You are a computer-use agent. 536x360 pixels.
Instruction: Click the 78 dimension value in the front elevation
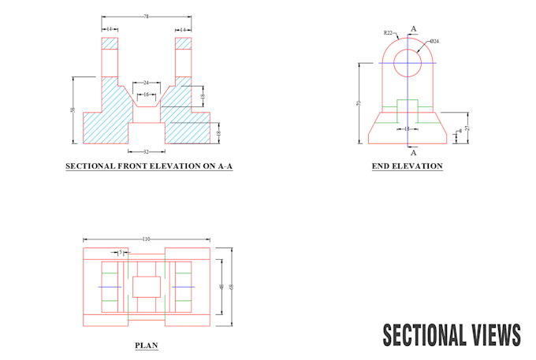(147, 16)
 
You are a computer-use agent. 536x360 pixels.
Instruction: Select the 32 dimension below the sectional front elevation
(147, 151)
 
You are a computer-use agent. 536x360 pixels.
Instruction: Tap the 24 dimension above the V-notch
(147, 82)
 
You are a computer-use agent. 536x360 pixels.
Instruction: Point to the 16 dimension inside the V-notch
(147, 94)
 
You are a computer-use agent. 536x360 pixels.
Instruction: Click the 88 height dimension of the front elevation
(73, 110)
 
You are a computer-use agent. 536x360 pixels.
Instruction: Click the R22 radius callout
(388, 33)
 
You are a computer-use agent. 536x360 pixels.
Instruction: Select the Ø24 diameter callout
(434, 40)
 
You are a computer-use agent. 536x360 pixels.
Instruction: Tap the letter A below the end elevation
(414, 152)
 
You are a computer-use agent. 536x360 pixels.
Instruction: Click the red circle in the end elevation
(409, 62)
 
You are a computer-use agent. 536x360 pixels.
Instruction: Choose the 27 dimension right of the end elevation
(467, 128)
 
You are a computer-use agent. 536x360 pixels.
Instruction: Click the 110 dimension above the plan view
(147, 239)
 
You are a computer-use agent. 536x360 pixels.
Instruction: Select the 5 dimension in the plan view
(120, 253)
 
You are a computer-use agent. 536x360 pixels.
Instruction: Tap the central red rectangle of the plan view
(147, 287)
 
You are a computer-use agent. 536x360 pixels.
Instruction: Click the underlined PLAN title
(147, 345)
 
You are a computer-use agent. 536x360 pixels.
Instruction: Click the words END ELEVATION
(408, 166)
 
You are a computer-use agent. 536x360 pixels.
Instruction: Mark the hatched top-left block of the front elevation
(110, 43)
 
